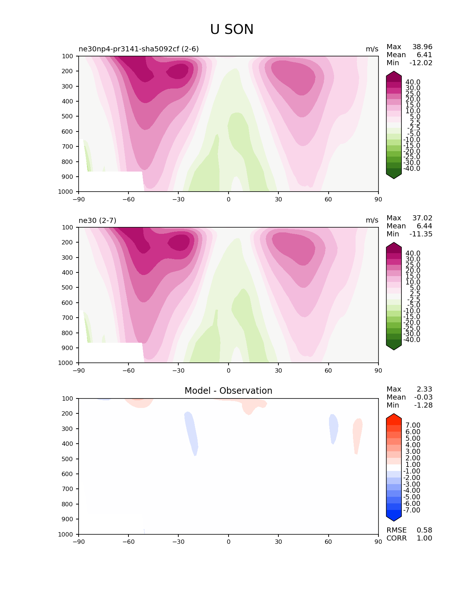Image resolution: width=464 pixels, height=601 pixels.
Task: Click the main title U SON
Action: tap(232, 30)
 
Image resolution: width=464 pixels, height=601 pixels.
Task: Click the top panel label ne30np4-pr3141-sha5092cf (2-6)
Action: tap(139, 49)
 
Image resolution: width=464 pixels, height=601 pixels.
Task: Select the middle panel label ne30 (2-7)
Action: tap(98, 220)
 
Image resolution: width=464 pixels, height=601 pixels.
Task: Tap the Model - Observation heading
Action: tap(228, 391)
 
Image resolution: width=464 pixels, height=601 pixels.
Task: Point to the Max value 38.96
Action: tap(422, 47)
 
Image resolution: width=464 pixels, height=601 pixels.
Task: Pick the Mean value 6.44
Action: tap(424, 226)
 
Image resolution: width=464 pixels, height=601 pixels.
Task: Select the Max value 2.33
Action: tap(424, 389)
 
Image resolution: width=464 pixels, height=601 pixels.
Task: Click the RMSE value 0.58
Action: tap(424, 530)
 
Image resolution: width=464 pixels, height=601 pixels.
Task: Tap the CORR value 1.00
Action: tap(424, 538)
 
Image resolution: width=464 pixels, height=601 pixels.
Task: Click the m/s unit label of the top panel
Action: tap(372, 49)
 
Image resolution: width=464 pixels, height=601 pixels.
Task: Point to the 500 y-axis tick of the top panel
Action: tap(67, 117)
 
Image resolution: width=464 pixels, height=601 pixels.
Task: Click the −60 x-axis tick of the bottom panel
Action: tap(128, 542)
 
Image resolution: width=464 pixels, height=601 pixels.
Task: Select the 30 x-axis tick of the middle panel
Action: tap(278, 370)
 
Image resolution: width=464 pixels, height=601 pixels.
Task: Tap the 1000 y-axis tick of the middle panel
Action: tap(66, 363)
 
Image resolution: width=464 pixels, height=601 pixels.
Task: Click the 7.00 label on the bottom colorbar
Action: tap(413, 425)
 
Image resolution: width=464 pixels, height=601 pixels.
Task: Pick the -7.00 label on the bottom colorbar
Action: tap(412, 510)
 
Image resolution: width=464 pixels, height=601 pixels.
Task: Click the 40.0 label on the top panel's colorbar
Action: tap(413, 82)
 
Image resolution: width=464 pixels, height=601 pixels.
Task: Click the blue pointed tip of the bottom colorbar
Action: tap(394, 518)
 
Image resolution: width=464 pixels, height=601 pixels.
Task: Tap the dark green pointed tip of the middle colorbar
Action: tap(394, 347)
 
